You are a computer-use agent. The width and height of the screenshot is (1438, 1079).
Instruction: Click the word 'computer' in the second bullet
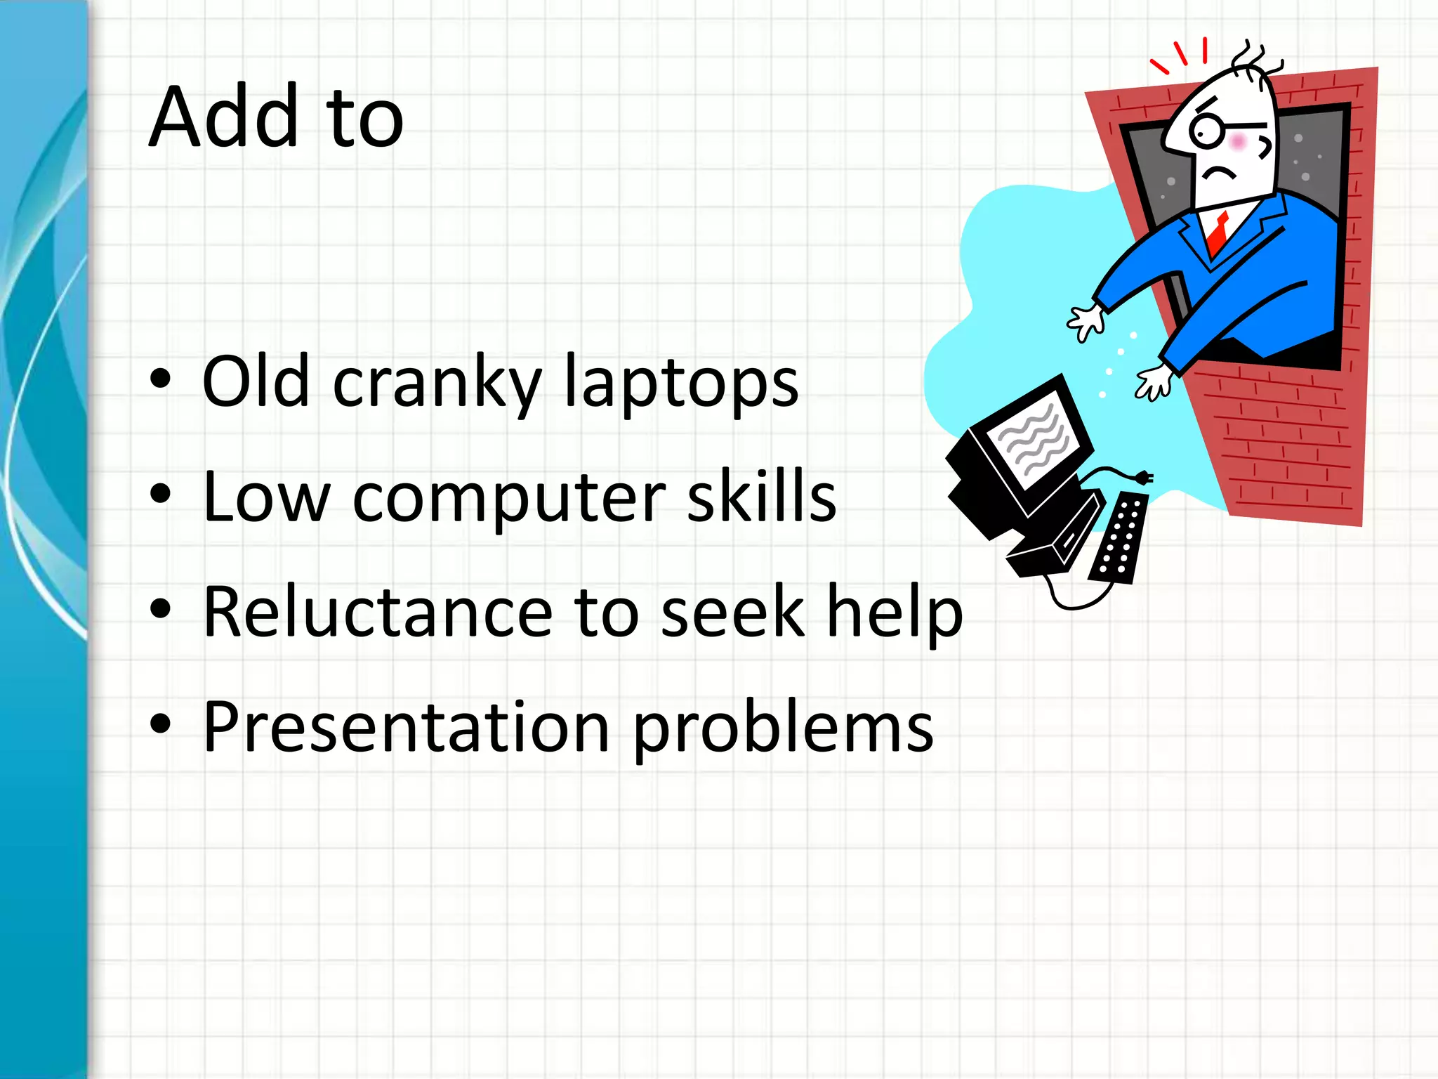click(x=508, y=499)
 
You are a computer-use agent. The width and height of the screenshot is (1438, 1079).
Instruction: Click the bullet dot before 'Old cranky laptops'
click(x=161, y=379)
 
